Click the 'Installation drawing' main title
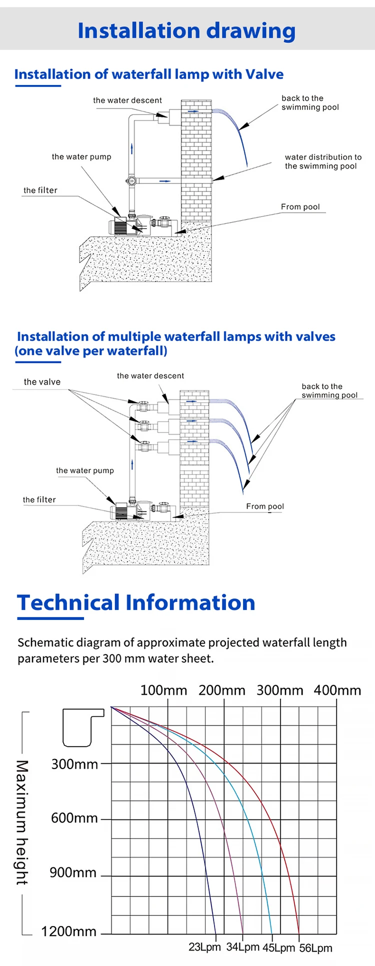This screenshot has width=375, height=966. point(186,30)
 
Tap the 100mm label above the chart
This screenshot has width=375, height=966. point(163,690)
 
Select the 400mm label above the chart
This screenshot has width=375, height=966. point(337,690)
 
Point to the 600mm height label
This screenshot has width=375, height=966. point(74,818)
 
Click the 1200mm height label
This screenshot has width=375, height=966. point(68,931)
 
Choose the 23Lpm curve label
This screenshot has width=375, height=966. point(204,947)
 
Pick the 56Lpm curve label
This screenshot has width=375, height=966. point(315,948)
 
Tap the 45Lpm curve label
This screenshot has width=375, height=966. point(278,947)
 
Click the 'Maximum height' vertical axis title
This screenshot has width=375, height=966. point(22,822)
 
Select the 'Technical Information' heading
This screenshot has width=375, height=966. point(136,602)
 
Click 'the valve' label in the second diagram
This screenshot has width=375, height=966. point(42,382)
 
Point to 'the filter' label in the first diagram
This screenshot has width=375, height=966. point(40,190)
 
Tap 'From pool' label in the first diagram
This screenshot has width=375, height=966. point(300,207)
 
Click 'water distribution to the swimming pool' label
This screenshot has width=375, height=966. point(323,161)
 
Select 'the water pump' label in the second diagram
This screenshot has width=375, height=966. point(85,470)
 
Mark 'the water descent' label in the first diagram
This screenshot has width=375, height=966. point(127,100)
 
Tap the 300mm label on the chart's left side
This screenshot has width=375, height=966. point(74,764)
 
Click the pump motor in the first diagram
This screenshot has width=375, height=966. point(119,226)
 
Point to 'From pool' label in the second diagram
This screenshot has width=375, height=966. point(265,506)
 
